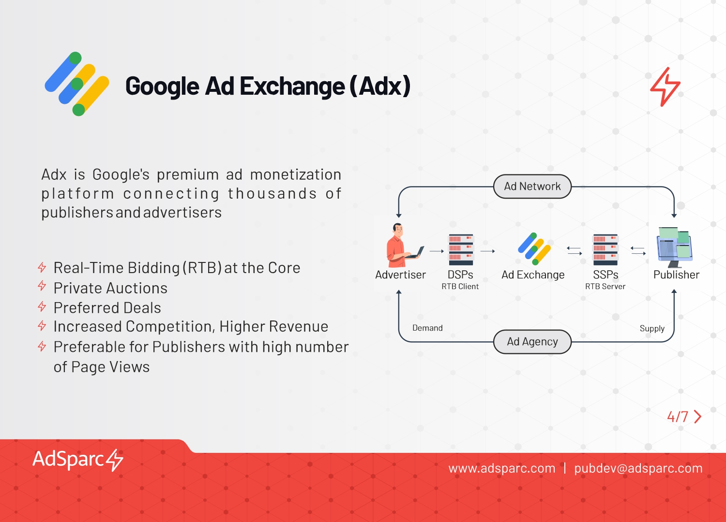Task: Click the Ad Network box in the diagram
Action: click(x=532, y=187)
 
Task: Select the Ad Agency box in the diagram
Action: click(x=532, y=342)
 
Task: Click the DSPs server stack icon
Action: click(x=461, y=249)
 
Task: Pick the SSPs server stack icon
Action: click(x=605, y=249)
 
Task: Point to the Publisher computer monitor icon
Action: click(x=675, y=247)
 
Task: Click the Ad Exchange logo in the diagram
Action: click(x=534, y=249)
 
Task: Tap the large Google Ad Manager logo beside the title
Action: click(x=77, y=84)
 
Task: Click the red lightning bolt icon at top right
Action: click(x=665, y=87)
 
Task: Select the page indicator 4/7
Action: click(x=678, y=417)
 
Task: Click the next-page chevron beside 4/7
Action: click(x=698, y=417)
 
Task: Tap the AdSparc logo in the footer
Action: click(x=78, y=460)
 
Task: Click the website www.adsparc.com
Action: click(x=502, y=468)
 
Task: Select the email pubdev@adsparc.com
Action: click(x=638, y=469)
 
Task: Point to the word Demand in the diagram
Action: click(x=427, y=328)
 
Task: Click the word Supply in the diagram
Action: click(x=652, y=329)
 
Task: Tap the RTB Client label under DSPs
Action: click(x=460, y=287)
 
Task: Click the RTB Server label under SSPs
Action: click(x=605, y=287)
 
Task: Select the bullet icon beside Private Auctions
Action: click(x=42, y=286)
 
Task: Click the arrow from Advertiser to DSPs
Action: click(x=437, y=251)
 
